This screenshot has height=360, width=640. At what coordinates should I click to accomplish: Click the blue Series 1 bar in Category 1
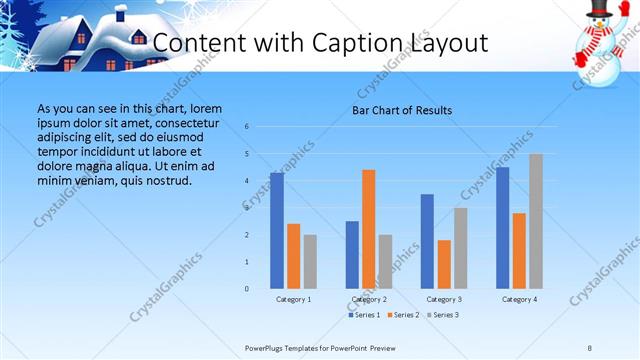pos(277,231)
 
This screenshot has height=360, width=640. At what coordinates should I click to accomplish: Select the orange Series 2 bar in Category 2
pos(368,229)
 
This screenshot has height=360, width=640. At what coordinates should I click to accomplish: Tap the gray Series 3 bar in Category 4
pos(536,221)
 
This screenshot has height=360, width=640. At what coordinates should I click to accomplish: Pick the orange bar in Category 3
pos(444,264)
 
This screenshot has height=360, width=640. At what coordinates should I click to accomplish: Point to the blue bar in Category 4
pos(502,228)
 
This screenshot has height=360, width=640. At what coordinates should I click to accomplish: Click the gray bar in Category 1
pos(310,262)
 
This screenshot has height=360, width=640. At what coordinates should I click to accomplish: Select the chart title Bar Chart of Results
pos(403,110)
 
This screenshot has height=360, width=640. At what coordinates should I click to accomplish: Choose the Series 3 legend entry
pos(443,315)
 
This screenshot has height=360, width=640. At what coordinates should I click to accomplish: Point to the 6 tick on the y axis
pos(247,127)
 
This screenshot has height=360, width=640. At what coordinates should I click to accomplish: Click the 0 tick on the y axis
pos(247,289)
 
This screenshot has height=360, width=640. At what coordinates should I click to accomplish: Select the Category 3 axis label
pos(444,299)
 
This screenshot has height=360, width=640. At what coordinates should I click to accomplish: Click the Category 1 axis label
pos(293,299)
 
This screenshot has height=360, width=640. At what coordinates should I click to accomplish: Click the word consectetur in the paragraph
pos(185,122)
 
